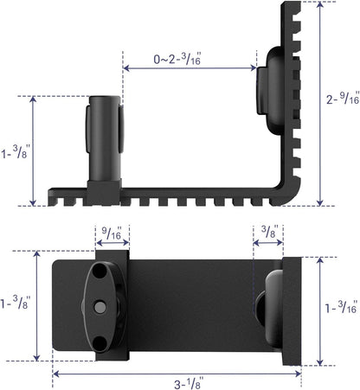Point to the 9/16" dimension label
tap(112, 233)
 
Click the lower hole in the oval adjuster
tap(103, 340)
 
